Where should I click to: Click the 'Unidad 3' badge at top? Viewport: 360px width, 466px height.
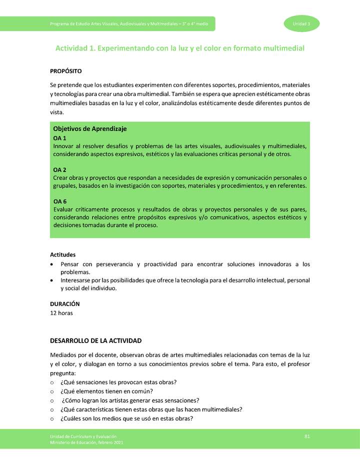coord(301,24)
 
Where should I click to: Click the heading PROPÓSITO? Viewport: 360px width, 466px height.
coord(66,71)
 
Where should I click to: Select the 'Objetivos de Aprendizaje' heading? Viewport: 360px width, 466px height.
coord(89,128)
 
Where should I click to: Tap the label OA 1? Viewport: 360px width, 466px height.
coord(59,137)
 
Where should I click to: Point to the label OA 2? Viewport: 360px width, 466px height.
coord(59,169)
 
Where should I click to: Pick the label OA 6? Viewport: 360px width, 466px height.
coord(59,201)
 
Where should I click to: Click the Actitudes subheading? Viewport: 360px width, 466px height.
coord(63,254)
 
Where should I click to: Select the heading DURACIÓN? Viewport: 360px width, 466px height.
coord(64,303)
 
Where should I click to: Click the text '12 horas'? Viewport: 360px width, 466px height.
coord(62,312)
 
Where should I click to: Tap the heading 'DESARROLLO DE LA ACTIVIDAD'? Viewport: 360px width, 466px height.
coord(96,341)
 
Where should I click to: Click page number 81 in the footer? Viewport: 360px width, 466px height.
coord(307,436)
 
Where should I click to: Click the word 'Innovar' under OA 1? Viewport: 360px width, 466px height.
coord(63,146)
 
